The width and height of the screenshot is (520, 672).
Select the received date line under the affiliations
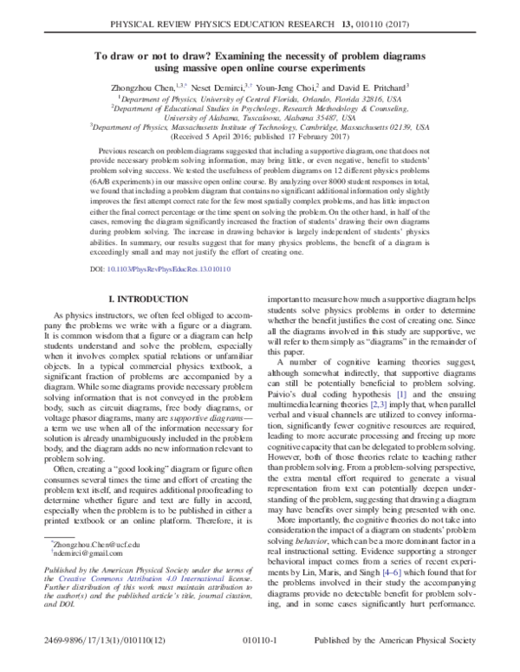[x=260, y=136]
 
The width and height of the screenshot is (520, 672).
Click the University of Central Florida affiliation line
[x=260, y=99]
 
